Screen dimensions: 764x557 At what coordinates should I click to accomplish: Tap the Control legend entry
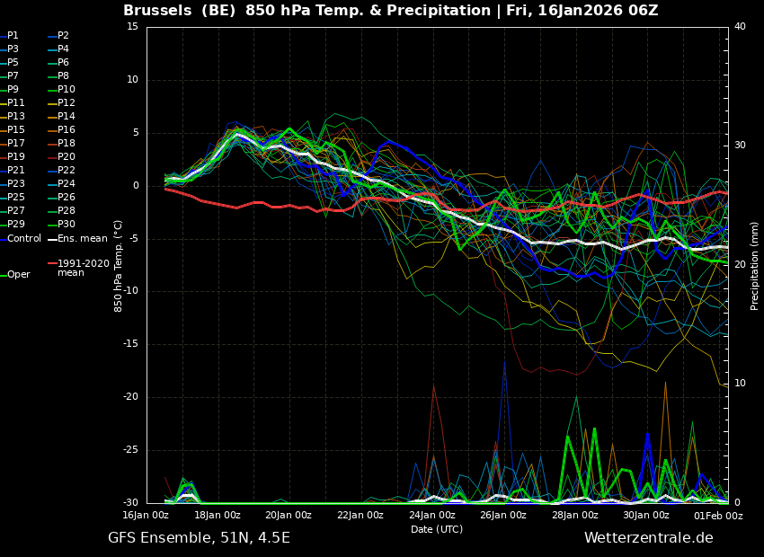click(x=21, y=239)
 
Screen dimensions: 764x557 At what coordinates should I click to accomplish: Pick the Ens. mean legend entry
click(x=78, y=239)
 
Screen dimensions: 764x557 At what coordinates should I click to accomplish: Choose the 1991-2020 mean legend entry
click(x=79, y=268)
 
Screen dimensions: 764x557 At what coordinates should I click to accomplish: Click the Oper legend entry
click(x=15, y=275)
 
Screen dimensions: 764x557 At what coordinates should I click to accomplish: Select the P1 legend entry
click(x=10, y=36)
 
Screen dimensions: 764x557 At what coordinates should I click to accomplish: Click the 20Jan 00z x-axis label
click(x=289, y=515)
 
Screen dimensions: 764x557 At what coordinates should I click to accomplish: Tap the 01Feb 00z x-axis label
click(x=719, y=516)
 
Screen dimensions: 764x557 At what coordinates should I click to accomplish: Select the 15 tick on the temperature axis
click(x=132, y=26)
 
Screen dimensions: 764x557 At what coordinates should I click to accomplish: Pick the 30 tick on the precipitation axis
click(x=740, y=146)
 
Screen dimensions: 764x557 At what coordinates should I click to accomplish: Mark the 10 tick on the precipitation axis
click(x=740, y=384)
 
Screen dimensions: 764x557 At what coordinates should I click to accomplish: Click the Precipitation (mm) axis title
click(x=754, y=265)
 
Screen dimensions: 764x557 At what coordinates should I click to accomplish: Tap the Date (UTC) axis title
click(x=437, y=529)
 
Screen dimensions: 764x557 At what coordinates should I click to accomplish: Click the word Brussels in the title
click(x=157, y=10)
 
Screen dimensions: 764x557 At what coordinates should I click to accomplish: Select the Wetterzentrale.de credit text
click(x=649, y=537)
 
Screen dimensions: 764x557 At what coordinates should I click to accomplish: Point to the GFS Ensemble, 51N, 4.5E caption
click(x=199, y=538)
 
